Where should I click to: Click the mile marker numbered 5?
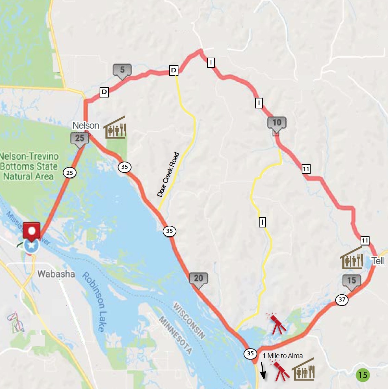tap(122, 70)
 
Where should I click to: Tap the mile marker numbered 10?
tap(277, 123)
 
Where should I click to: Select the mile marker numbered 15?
tap(352, 281)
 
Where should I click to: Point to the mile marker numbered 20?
tap(198, 279)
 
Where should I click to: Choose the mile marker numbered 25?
tap(79, 139)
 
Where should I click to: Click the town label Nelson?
tap(86, 126)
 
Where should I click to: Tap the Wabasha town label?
tap(56, 274)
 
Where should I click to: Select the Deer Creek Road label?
tap(168, 175)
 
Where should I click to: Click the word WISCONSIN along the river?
tap(189, 321)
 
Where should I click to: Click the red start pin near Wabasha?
tap(32, 231)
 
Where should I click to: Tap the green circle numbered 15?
tap(363, 375)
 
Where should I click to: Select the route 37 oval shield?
tap(342, 300)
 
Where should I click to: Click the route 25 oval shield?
tap(70, 173)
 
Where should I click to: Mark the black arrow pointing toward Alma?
tap(263, 371)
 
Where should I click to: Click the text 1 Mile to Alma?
tap(283, 356)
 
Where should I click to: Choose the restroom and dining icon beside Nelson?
tap(115, 128)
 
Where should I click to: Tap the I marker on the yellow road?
tap(262, 222)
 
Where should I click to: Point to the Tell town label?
tap(378, 261)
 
